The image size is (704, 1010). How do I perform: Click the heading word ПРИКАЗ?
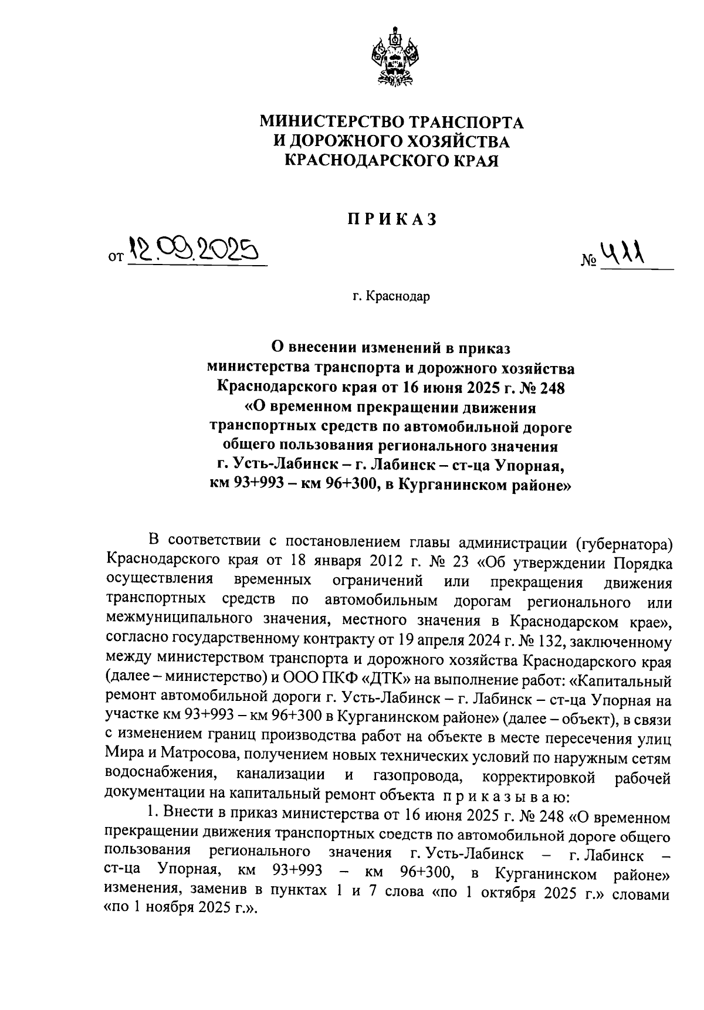click(391, 219)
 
